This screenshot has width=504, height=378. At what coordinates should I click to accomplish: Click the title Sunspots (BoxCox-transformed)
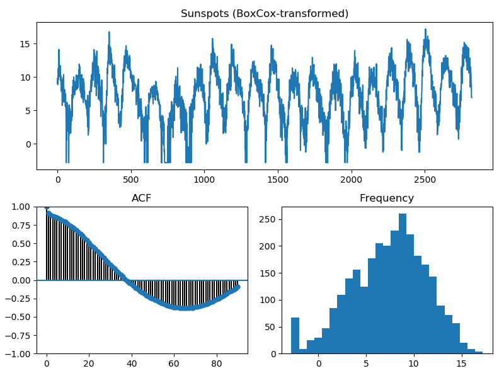(x=264, y=13)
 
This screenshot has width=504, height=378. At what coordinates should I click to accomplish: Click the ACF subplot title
(x=141, y=198)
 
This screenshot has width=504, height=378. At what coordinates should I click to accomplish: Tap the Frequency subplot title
(x=387, y=198)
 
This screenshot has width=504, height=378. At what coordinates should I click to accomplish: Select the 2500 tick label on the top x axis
(x=425, y=180)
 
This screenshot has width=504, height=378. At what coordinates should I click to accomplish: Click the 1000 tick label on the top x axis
(x=204, y=180)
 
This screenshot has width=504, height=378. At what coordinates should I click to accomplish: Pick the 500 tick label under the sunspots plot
(x=131, y=180)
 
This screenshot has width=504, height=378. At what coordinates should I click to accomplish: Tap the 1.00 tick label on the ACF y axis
(x=21, y=207)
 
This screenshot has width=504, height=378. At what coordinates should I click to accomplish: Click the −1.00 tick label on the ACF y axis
(x=18, y=353)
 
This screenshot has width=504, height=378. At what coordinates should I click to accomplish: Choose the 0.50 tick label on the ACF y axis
(x=21, y=244)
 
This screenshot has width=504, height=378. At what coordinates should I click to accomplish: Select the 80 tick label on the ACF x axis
(x=217, y=364)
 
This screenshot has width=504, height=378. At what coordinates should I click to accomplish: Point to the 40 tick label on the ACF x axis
(x=132, y=364)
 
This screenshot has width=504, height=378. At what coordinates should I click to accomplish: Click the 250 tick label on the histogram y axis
(x=267, y=219)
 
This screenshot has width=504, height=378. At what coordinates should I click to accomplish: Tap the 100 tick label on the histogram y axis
(x=267, y=301)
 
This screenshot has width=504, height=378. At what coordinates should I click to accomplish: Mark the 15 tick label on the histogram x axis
(x=461, y=364)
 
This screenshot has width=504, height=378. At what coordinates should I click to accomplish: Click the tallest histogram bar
(x=403, y=284)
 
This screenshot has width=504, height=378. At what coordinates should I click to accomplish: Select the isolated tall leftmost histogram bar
(x=295, y=336)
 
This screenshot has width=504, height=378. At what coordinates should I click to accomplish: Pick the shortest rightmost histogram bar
(x=479, y=353)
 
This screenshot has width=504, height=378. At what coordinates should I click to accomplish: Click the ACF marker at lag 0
(x=47, y=207)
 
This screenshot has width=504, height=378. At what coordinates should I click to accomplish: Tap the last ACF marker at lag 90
(x=238, y=287)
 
